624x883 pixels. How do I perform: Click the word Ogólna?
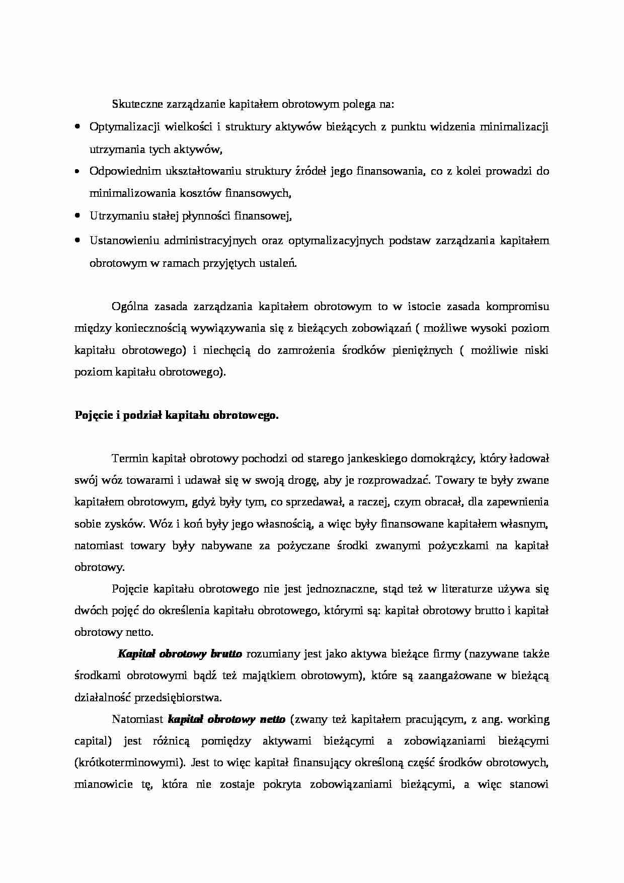pos(128,306)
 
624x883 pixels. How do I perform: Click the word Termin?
pos(128,459)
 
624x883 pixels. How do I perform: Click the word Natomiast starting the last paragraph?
pos(137,719)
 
